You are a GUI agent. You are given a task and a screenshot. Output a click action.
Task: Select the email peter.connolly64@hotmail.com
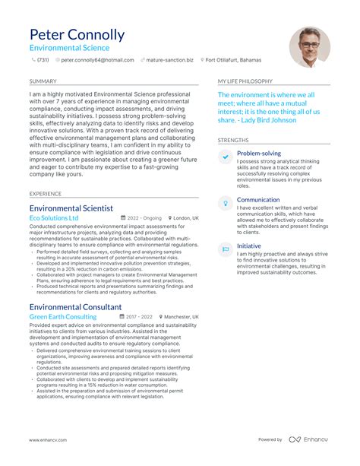pos(97,59)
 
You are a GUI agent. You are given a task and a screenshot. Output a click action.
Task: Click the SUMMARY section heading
pos(42,80)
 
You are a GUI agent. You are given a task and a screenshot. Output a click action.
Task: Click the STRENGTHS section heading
pos(233,140)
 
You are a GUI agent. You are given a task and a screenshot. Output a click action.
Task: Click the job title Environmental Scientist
pos(71,208)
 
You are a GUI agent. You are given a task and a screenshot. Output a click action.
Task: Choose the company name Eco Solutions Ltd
pos(54,218)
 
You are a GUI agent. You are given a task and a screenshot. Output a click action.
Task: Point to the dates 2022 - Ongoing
pos(144,218)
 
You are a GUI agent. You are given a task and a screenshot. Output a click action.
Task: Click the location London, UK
pos(185,218)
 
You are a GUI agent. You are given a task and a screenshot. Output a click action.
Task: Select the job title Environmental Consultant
pos(74,306)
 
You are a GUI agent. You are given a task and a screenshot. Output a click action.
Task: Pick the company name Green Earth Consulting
pos(63,317)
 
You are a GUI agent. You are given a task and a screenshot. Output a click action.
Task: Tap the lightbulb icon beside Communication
pos(226,203)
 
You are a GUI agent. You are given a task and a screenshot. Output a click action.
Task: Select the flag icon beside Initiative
pos(226,249)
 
